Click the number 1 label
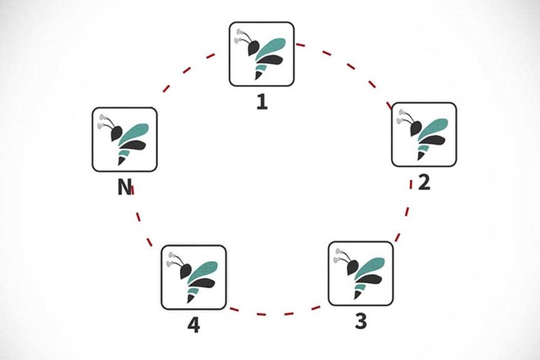point(261,101)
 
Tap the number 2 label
point(424,181)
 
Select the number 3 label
point(360,321)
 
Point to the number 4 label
point(193,325)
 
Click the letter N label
point(124,188)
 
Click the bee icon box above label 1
point(261,54)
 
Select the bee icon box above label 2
point(424,134)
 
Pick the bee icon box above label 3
point(361,274)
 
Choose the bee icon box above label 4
point(194,277)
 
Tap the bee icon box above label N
point(124,139)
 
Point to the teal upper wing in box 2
point(434,127)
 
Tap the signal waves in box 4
point(172,256)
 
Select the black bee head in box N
point(115,131)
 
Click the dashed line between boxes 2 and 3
point(406,210)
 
